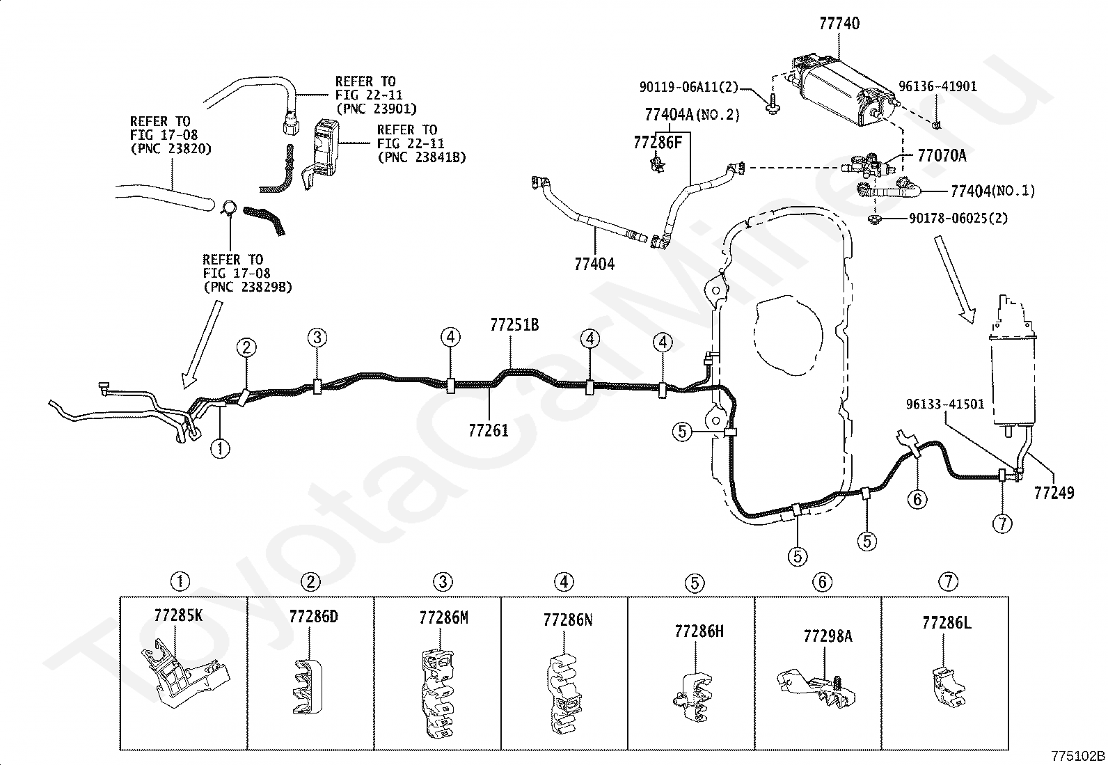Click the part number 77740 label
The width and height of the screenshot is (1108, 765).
(x=839, y=23)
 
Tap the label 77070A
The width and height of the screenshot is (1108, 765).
(x=942, y=155)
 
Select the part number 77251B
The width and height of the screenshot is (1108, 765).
(x=514, y=324)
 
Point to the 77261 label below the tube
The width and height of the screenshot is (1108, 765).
(x=489, y=430)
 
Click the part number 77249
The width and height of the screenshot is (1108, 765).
(x=1054, y=493)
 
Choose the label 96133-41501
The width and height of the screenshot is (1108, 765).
(x=944, y=404)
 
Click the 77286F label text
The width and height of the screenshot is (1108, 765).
(x=658, y=143)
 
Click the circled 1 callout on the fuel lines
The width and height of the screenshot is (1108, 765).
(x=220, y=448)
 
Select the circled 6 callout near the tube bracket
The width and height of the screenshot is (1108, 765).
(x=917, y=499)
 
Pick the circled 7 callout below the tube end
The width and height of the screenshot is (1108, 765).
(x=1003, y=523)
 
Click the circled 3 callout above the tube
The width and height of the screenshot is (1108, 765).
(x=317, y=338)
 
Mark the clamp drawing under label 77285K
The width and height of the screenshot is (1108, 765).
(x=184, y=674)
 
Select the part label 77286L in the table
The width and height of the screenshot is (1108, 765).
(x=947, y=622)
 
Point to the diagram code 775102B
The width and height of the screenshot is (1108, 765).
(x=1077, y=756)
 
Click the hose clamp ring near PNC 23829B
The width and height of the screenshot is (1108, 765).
(x=230, y=209)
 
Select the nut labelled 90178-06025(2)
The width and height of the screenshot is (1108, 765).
(x=875, y=218)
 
